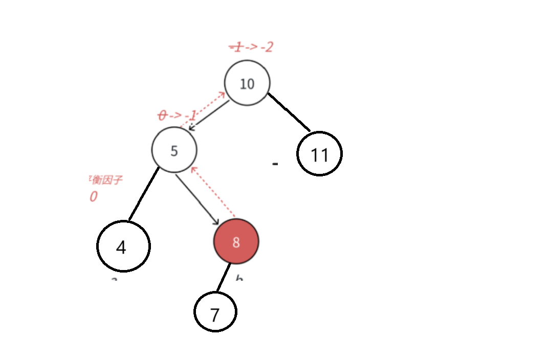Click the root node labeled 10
[247, 83]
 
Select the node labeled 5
[174, 150]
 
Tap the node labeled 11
[319, 154]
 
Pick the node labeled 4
[123, 246]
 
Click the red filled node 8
[236, 241]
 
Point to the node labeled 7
[215, 312]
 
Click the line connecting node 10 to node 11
[290, 112]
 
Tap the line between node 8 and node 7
[223, 278]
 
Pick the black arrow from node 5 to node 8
[197, 200]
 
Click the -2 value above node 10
[266, 47]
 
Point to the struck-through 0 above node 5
[163, 116]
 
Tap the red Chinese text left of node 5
[105, 181]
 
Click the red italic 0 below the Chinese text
[93, 197]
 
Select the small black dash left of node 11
[275, 164]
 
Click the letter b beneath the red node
[238, 278]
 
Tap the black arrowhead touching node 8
[216, 221]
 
